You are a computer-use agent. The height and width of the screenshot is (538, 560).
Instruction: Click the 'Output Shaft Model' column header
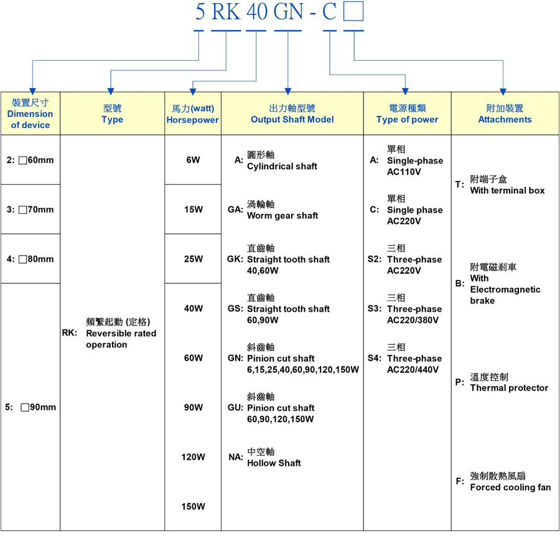(292, 114)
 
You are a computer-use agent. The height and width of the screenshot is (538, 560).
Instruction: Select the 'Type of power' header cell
(407, 114)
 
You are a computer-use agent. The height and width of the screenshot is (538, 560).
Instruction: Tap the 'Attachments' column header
(505, 114)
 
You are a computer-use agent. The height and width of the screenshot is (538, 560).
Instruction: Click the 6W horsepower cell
(193, 160)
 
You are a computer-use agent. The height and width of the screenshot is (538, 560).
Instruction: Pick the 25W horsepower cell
(193, 259)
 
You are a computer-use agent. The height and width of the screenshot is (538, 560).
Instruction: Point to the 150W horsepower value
(194, 506)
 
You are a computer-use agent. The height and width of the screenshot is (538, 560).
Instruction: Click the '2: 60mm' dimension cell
(30, 160)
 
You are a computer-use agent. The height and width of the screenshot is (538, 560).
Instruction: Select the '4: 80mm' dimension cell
(30, 259)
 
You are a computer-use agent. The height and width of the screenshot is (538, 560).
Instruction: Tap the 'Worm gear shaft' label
(282, 216)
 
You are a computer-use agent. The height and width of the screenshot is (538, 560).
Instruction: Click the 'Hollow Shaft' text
(274, 463)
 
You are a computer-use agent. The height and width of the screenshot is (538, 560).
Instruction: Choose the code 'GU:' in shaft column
(235, 407)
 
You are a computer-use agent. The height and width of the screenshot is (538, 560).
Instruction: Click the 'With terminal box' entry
(507, 191)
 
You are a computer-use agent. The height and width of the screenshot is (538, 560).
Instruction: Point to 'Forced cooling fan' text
(510, 487)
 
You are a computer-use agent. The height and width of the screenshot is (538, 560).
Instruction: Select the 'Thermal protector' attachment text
(509, 388)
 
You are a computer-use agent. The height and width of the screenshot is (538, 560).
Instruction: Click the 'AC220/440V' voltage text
(413, 369)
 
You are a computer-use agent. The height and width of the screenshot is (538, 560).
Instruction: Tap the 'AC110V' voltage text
(404, 172)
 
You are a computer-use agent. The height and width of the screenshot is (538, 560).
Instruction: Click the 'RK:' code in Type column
(69, 333)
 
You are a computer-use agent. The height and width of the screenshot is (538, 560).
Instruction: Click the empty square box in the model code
(353, 11)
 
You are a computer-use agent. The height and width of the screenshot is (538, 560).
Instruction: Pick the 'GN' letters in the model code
(289, 11)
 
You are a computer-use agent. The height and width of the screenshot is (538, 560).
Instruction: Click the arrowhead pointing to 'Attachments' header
(503, 92)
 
